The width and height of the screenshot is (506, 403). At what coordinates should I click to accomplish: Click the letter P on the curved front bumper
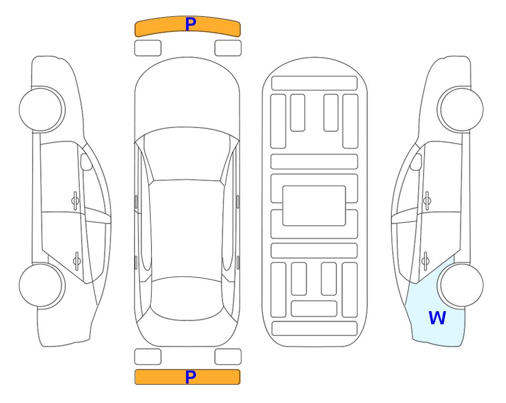pos(191,24)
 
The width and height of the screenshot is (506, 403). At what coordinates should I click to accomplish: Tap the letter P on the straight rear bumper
pos(191,377)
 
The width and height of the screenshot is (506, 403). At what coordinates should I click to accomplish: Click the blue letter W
pos(437,318)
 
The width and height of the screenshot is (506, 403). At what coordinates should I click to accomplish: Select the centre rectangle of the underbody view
pos(314,206)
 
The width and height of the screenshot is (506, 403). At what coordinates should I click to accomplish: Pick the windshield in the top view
pos(187,154)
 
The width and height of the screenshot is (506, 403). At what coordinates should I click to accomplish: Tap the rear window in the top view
pos(187,298)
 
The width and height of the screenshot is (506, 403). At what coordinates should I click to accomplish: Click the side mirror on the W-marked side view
pos(416,162)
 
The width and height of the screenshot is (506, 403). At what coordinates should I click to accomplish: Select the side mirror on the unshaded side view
pos(86,162)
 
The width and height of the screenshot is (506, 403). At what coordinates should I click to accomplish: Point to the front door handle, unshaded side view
pos(75,201)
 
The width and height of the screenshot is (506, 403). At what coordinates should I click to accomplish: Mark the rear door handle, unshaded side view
pos(77,261)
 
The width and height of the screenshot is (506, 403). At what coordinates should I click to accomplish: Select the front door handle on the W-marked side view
pos(427,201)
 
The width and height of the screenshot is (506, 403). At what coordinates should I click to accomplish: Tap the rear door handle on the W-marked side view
pos(425,261)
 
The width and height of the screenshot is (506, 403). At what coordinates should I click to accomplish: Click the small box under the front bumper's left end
pos(148,48)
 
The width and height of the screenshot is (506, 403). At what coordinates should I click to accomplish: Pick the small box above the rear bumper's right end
pos(228,357)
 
